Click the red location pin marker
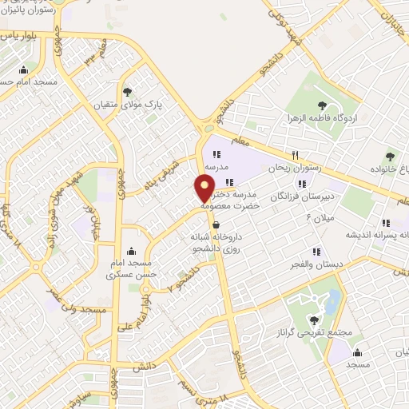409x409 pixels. (204, 189)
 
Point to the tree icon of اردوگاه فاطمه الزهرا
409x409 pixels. (322, 104)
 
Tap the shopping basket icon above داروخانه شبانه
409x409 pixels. (216, 224)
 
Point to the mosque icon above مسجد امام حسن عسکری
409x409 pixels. (131, 251)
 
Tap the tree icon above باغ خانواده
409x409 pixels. (390, 157)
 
